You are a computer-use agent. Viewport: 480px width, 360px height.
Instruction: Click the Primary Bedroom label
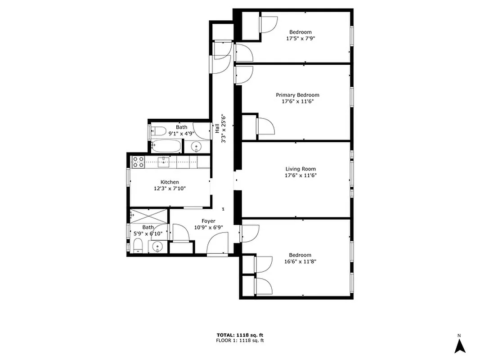(x=297, y=95)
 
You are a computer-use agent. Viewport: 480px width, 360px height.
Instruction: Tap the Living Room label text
(x=301, y=169)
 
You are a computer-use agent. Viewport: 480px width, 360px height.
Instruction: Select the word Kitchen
(x=170, y=182)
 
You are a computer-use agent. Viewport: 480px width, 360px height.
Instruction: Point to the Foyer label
(x=208, y=221)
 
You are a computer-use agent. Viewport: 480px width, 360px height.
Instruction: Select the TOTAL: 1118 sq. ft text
(x=240, y=335)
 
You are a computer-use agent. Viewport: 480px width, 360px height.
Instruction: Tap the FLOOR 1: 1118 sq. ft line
(x=240, y=341)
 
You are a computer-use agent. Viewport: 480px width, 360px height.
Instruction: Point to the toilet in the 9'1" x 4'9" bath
(x=157, y=132)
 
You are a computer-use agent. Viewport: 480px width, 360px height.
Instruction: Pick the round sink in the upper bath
(x=197, y=146)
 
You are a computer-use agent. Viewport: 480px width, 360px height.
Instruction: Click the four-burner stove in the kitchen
(x=138, y=162)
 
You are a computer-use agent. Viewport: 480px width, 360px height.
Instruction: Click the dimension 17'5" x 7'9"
(x=301, y=39)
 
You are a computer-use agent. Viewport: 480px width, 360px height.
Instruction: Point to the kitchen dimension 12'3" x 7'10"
(x=170, y=189)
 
